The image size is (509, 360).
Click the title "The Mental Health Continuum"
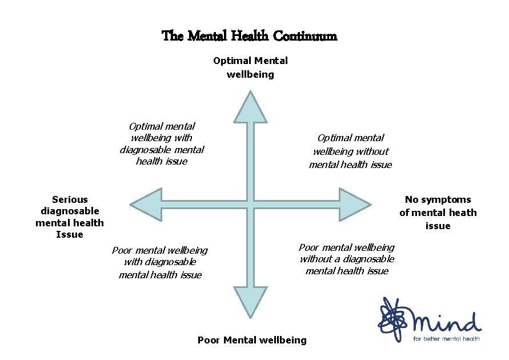pyautogui.click(x=250, y=36)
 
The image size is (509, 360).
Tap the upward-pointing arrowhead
pyautogui.click(x=250, y=109)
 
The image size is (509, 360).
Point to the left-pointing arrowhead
pyautogui.click(x=146, y=204)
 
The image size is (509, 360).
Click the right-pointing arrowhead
pyautogui.click(x=354, y=204)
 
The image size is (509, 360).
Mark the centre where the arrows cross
pyautogui.click(x=250, y=204)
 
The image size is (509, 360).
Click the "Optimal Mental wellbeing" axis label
pyautogui.click(x=250, y=67)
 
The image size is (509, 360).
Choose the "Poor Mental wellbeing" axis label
pyautogui.click(x=252, y=340)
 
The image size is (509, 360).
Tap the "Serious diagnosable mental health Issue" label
pyautogui.click(x=70, y=217)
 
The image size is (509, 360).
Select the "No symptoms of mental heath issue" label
pyautogui.click(x=438, y=213)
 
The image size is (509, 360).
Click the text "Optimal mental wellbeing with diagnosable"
pyautogui.click(x=162, y=143)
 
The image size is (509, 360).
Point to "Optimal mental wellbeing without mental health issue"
pyautogui.click(x=350, y=151)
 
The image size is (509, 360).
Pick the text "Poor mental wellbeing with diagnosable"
pyautogui.click(x=160, y=262)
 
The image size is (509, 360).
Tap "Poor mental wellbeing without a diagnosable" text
pyautogui.click(x=347, y=259)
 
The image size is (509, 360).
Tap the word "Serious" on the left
pyautogui.click(x=70, y=199)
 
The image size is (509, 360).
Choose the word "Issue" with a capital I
pyautogui.click(x=70, y=234)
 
